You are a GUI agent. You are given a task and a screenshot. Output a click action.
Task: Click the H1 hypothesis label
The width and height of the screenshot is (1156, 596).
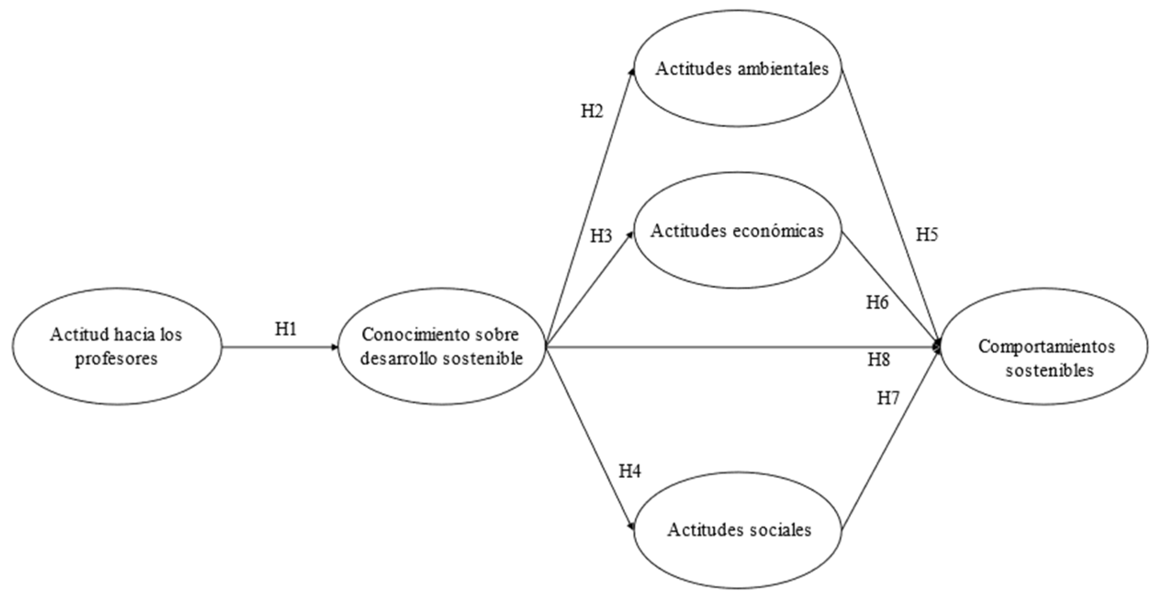[x=286, y=329]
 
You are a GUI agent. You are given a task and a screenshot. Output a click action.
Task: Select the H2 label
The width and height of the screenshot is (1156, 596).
[x=592, y=111]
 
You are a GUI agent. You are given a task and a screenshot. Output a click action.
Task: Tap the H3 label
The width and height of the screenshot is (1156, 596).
[x=601, y=236]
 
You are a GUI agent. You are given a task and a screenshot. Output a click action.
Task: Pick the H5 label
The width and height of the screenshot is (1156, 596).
[x=927, y=235]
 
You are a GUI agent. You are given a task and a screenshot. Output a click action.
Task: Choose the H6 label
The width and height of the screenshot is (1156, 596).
[x=877, y=303]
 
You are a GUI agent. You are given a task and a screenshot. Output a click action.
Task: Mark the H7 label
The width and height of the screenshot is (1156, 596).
[x=888, y=399]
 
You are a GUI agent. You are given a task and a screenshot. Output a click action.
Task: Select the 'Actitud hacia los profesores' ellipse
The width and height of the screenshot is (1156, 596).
[x=116, y=346]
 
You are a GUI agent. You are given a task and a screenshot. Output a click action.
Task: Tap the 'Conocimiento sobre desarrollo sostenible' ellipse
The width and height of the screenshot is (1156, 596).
[x=441, y=346]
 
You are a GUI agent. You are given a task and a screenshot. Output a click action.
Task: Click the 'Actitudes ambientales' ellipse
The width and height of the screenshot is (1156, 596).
[x=740, y=69]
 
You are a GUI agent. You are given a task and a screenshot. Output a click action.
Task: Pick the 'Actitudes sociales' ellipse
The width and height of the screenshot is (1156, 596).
[x=739, y=530]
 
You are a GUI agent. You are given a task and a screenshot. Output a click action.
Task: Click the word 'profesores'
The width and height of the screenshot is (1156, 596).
[x=116, y=359]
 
